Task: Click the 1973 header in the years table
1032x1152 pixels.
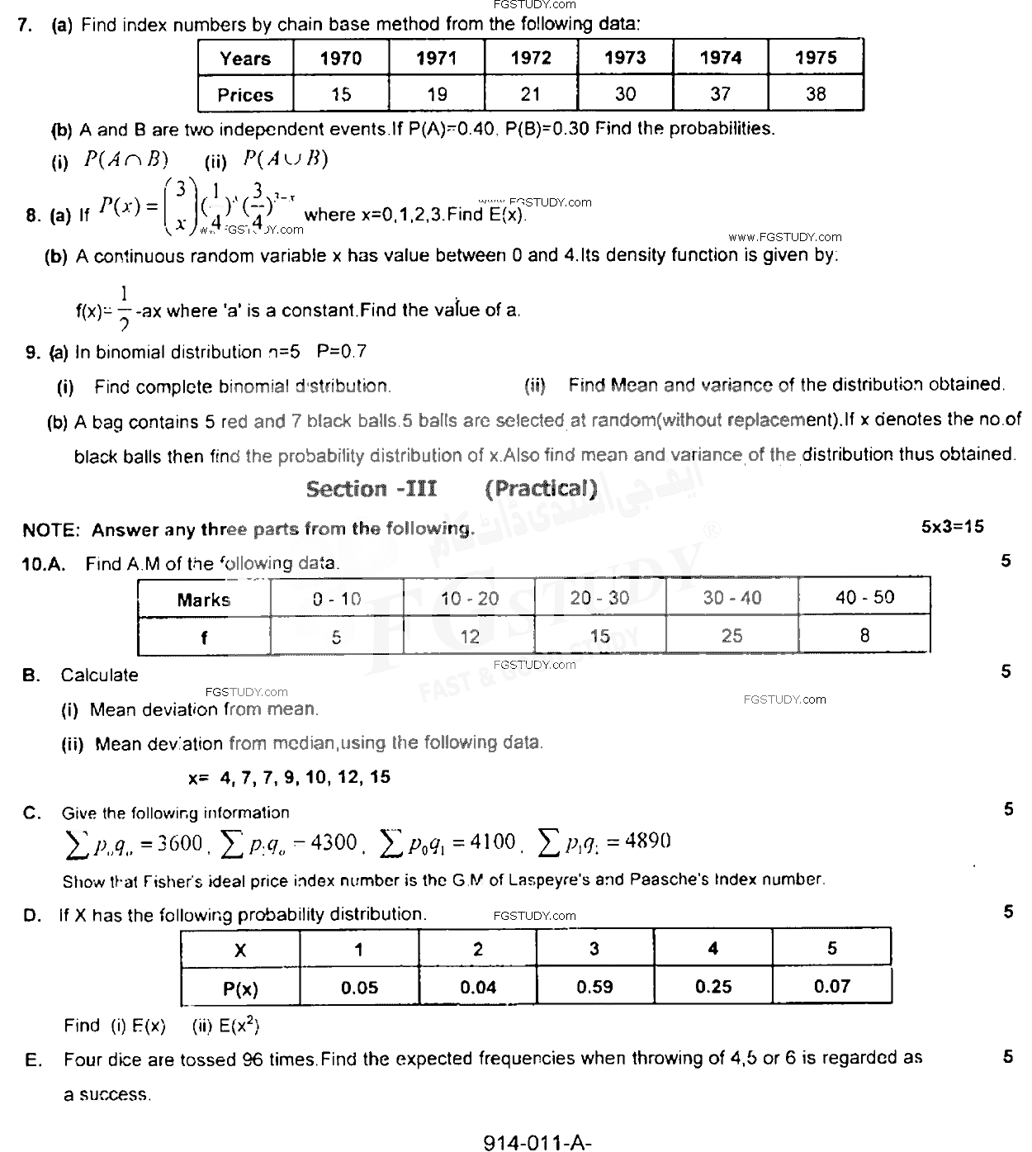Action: (x=625, y=58)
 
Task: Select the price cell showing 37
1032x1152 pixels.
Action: (x=721, y=94)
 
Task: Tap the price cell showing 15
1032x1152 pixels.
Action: (x=341, y=94)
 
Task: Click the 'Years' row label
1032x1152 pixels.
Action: (x=245, y=59)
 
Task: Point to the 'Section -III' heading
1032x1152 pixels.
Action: (x=372, y=489)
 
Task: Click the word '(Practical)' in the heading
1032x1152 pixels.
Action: (x=541, y=489)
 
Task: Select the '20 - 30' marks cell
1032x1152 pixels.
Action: (x=599, y=598)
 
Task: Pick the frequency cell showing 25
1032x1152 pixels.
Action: (x=731, y=636)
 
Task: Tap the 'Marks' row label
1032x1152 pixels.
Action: (x=203, y=600)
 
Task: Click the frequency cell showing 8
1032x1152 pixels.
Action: (x=864, y=635)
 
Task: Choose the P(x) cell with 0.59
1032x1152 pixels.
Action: (x=594, y=986)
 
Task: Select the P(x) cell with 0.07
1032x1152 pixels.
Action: (x=831, y=986)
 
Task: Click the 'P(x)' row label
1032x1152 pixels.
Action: (x=240, y=988)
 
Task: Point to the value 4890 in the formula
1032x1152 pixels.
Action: (x=648, y=841)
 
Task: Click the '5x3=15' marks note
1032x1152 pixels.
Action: (x=953, y=527)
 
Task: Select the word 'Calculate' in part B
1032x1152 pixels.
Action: (x=99, y=675)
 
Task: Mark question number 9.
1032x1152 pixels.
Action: (x=33, y=353)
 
